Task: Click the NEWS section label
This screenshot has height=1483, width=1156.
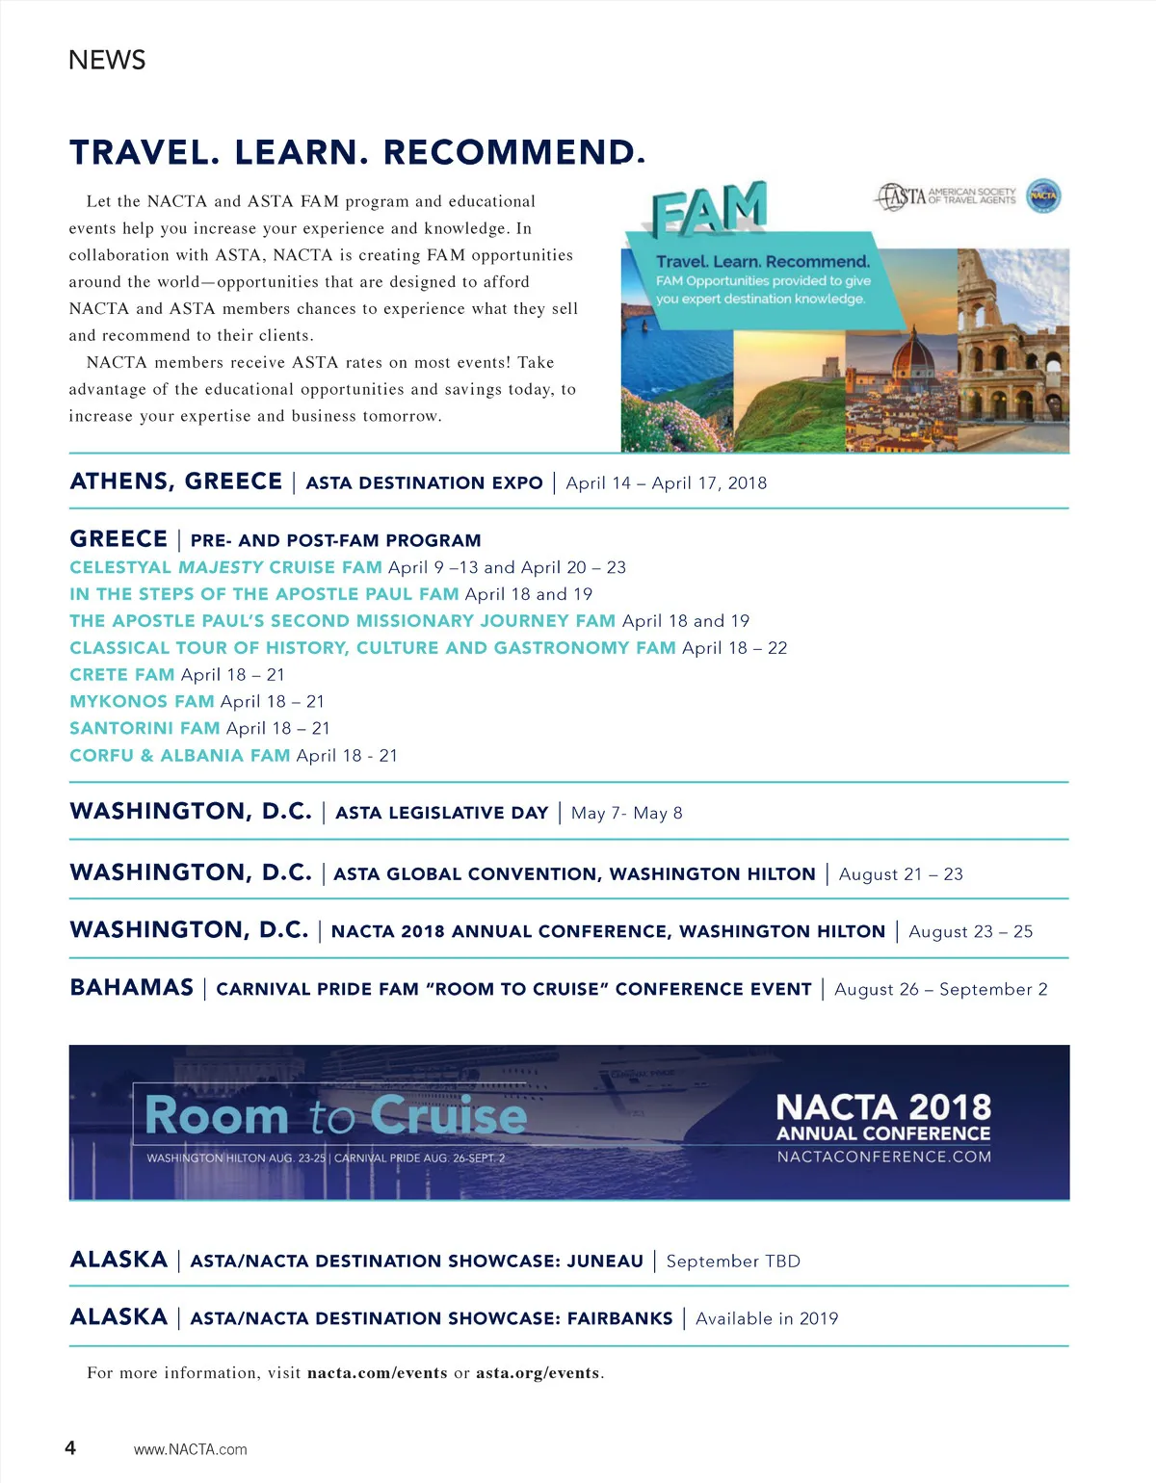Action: point(107,60)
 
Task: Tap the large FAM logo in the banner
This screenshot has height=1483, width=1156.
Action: point(709,209)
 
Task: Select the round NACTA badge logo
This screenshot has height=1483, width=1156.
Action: point(1043,195)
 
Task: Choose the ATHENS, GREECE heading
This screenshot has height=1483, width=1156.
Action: point(176,481)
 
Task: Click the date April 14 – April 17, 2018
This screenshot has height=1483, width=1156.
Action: point(666,483)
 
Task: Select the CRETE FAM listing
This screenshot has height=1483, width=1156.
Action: point(122,675)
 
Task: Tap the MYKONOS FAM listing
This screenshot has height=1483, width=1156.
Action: point(142,702)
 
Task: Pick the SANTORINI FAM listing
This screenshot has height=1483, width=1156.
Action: point(144,729)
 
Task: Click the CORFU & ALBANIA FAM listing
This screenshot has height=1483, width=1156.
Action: point(179,756)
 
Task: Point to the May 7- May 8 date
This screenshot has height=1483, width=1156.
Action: point(626,814)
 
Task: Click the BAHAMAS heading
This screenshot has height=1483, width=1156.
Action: point(132,988)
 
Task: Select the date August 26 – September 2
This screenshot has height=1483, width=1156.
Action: point(940,990)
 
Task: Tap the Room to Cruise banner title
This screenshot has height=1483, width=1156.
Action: point(335,1116)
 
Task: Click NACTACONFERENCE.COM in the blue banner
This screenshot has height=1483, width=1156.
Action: point(883,1157)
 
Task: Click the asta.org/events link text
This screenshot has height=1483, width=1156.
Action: point(538,1373)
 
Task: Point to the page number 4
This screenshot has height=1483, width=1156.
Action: point(70,1447)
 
